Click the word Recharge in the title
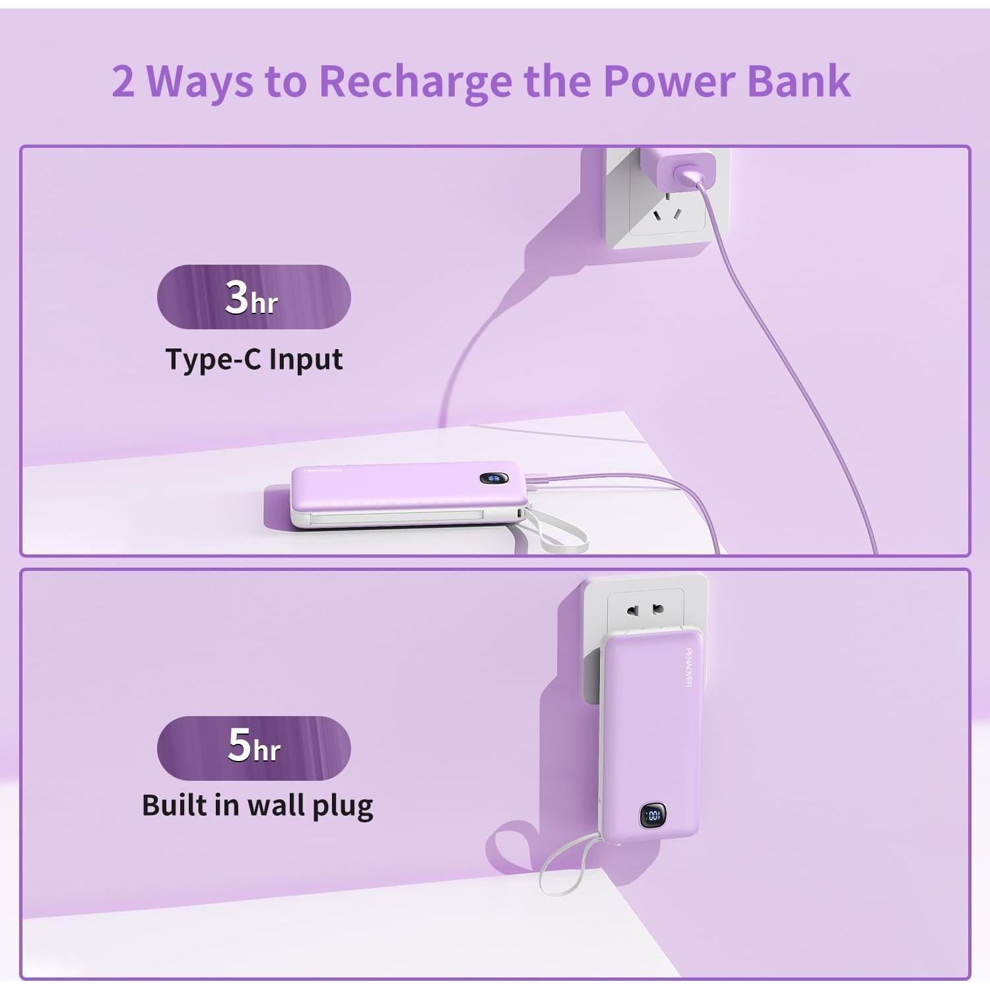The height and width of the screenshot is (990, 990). (x=414, y=82)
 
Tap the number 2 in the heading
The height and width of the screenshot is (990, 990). (x=123, y=82)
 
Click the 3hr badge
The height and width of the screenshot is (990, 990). (x=253, y=297)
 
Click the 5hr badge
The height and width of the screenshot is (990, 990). (x=253, y=747)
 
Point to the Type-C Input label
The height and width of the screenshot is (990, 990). (x=253, y=360)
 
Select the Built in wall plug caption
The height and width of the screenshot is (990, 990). (x=257, y=805)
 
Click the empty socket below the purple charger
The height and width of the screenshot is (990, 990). (x=667, y=214)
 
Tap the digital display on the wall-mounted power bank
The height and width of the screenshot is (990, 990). (x=652, y=816)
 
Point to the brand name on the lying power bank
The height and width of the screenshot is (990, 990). (x=322, y=471)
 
